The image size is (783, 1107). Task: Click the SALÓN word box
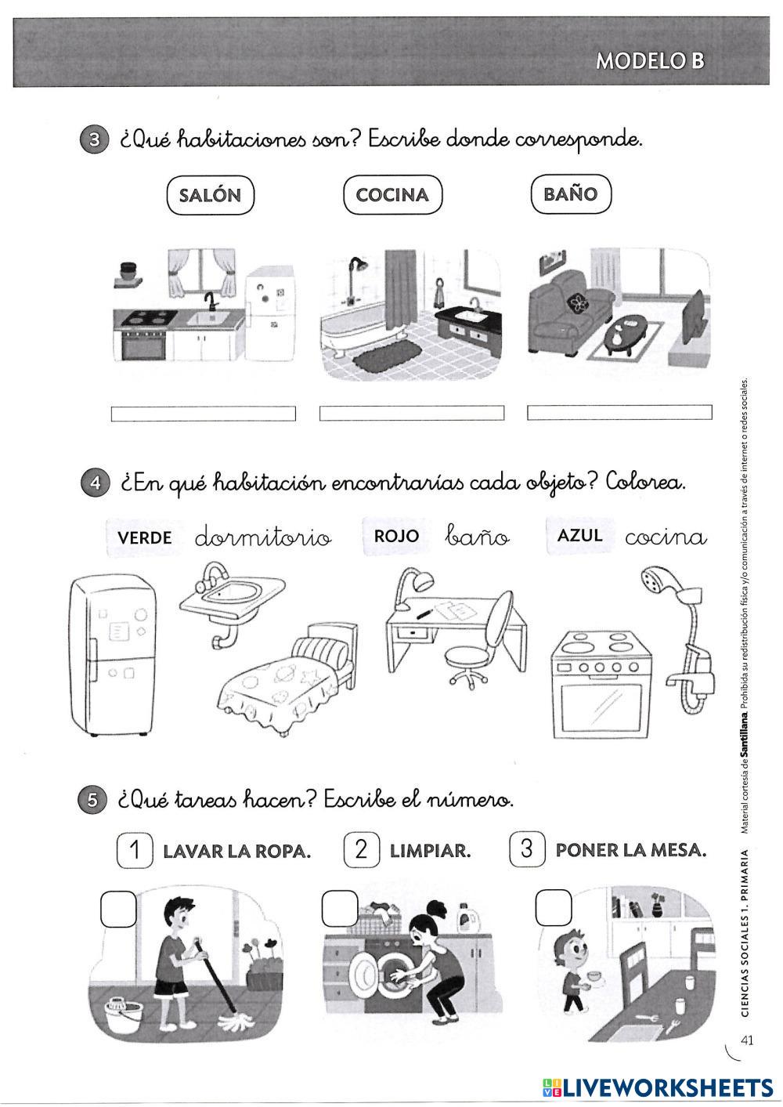pos(210,195)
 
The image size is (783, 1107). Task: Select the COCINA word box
pos(392,195)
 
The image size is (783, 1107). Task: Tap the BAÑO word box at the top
pos(570,194)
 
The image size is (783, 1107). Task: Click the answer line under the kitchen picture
pos(204,413)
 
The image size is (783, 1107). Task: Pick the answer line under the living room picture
pos(619,412)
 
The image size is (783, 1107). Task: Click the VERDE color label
pos(144,537)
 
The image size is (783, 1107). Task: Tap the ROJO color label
pos(396,536)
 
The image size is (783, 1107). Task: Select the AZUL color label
pos(579,535)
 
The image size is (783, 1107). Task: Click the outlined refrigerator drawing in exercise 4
pos(112,657)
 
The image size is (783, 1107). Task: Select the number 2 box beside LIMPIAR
pos(361,849)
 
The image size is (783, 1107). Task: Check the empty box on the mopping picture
pos(119,909)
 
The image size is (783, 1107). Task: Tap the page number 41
pos(746,1040)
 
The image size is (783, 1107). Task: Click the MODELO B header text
pos(649,61)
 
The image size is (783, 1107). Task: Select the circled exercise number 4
pos(94,483)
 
